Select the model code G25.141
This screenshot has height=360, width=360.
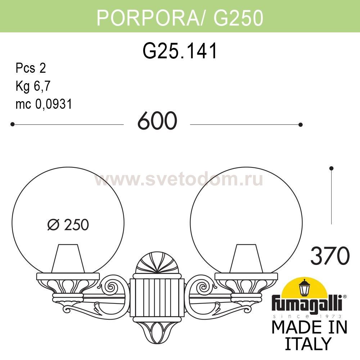click(180, 51)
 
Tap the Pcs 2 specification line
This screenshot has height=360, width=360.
click(31, 68)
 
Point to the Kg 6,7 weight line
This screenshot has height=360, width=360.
click(33, 86)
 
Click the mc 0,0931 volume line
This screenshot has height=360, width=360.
click(44, 104)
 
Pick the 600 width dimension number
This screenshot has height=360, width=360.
click(157, 121)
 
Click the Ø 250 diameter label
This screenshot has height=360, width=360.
click(68, 225)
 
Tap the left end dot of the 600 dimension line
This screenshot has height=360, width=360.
click(13, 124)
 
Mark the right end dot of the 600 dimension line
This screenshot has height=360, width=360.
click(301, 125)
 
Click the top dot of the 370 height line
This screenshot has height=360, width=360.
click(332, 168)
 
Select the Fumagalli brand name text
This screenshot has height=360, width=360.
click(309, 305)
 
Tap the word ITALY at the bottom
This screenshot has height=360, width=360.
click(309, 343)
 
